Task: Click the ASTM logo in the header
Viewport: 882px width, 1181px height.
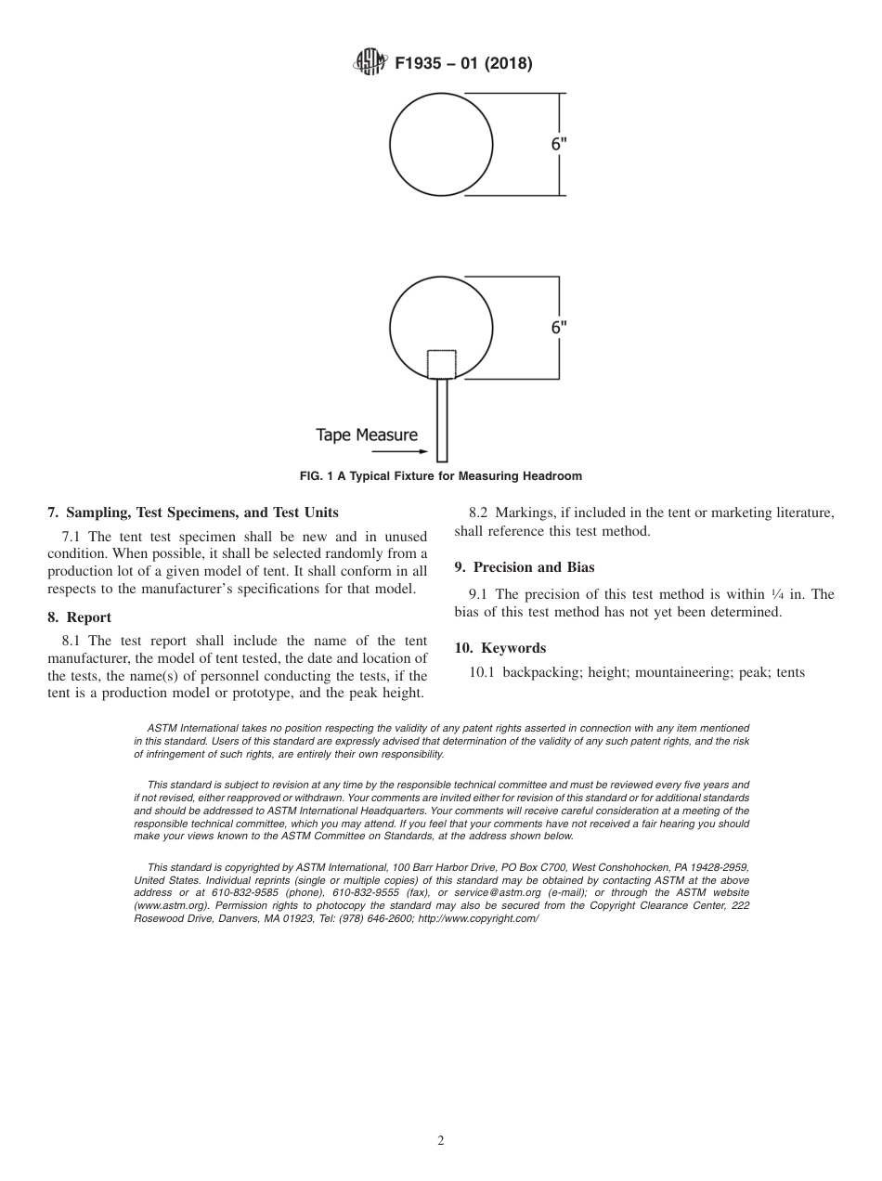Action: pyautogui.click(x=369, y=64)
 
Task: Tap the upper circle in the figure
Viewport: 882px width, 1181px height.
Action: pyautogui.click(x=441, y=144)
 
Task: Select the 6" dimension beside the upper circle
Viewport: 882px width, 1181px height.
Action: pyautogui.click(x=558, y=144)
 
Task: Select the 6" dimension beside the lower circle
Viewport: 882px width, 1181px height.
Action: pyautogui.click(x=558, y=327)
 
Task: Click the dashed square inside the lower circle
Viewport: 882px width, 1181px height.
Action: pyautogui.click(x=441, y=364)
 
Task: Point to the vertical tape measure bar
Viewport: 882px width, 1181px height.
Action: pyautogui.click(x=442, y=420)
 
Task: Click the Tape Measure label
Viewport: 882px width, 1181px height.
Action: pyautogui.click(x=367, y=435)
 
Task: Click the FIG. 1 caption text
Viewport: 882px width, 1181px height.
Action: pyautogui.click(x=440, y=476)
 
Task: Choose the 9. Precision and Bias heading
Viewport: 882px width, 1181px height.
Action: pyautogui.click(x=525, y=567)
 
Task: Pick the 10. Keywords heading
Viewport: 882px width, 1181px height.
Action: pyautogui.click(x=500, y=648)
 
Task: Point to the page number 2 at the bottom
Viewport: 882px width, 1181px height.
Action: pyautogui.click(x=441, y=1141)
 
